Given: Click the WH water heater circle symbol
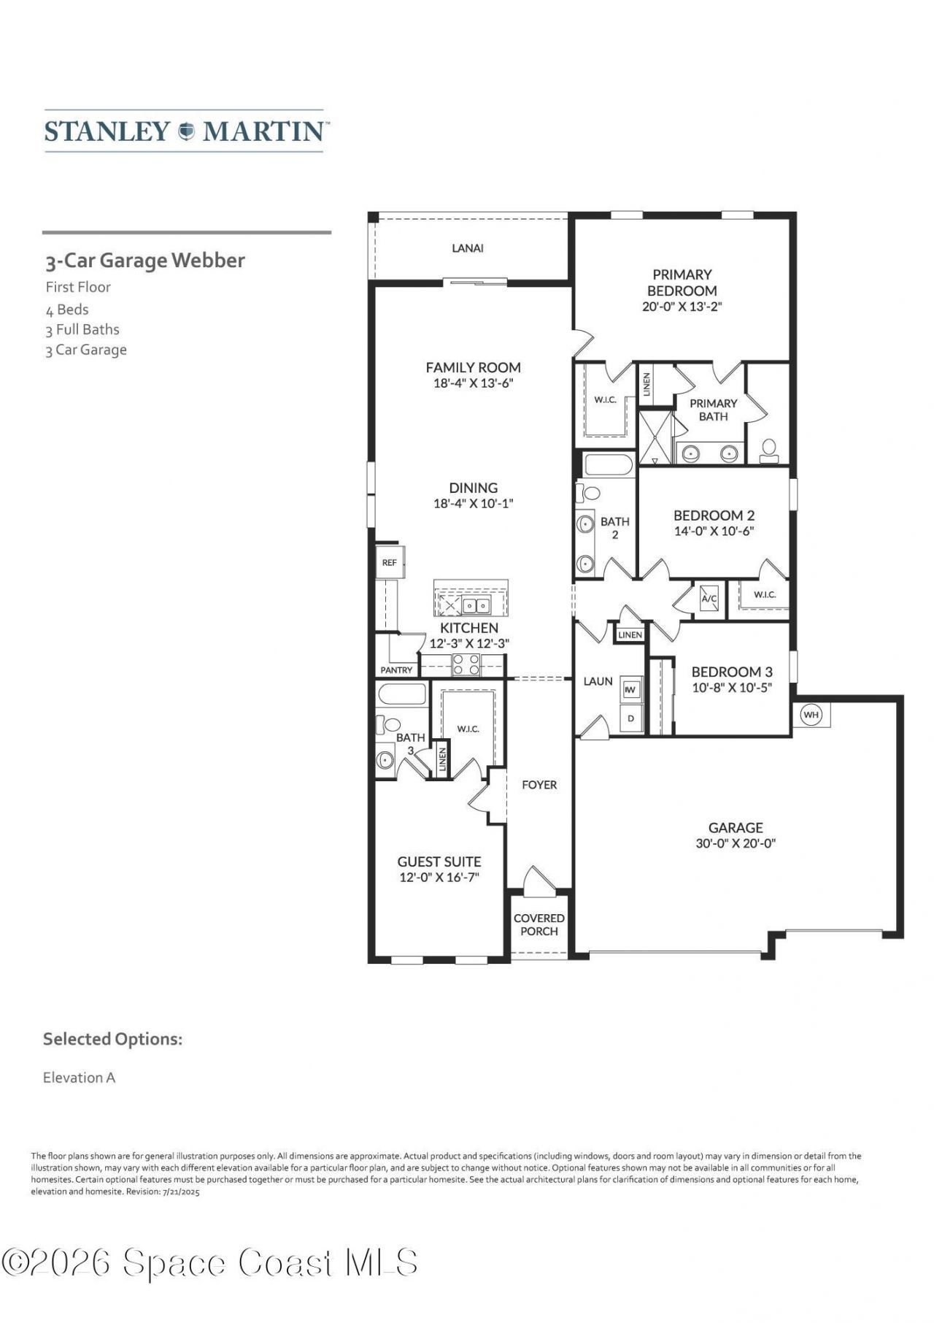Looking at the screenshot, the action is [x=811, y=715].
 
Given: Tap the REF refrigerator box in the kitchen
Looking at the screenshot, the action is [x=390, y=562].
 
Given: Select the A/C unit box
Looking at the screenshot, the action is [x=709, y=599].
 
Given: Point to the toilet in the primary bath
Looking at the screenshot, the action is [x=768, y=450].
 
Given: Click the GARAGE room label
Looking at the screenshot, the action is [x=736, y=827].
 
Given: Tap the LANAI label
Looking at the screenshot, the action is [x=468, y=248].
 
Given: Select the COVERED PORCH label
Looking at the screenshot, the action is [x=539, y=924].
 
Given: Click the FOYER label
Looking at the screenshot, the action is [x=539, y=785].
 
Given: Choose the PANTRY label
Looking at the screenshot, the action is [x=396, y=670].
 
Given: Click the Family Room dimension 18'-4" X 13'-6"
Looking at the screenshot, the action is [x=474, y=383].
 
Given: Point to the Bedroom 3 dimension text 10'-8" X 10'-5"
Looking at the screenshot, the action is [x=732, y=687].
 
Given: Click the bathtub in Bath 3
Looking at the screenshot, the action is [x=401, y=695].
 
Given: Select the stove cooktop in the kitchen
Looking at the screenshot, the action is [x=466, y=664].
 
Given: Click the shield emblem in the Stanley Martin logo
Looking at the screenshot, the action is [x=186, y=131].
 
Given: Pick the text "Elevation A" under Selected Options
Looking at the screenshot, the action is [x=79, y=1078].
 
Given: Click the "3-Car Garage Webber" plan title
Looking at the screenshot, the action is [x=145, y=261].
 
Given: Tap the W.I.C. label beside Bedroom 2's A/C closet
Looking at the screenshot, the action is [x=765, y=594].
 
